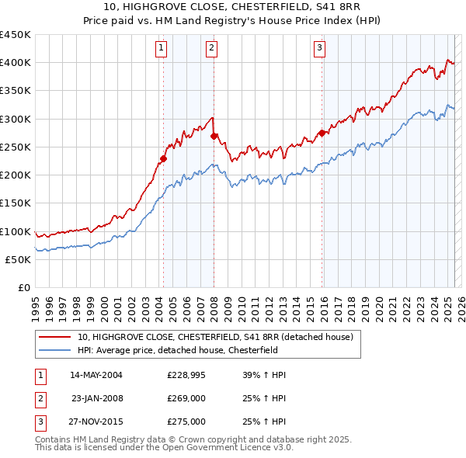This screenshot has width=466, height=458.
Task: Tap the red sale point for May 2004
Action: click(163, 159)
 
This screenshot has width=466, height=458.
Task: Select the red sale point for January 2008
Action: click(214, 136)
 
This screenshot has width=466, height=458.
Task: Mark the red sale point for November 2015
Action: click(322, 133)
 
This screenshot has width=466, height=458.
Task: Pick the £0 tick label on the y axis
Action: click(23, 288)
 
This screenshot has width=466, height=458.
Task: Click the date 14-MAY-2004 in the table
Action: click(96, 375)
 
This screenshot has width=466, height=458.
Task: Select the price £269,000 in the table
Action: click(186, 398)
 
